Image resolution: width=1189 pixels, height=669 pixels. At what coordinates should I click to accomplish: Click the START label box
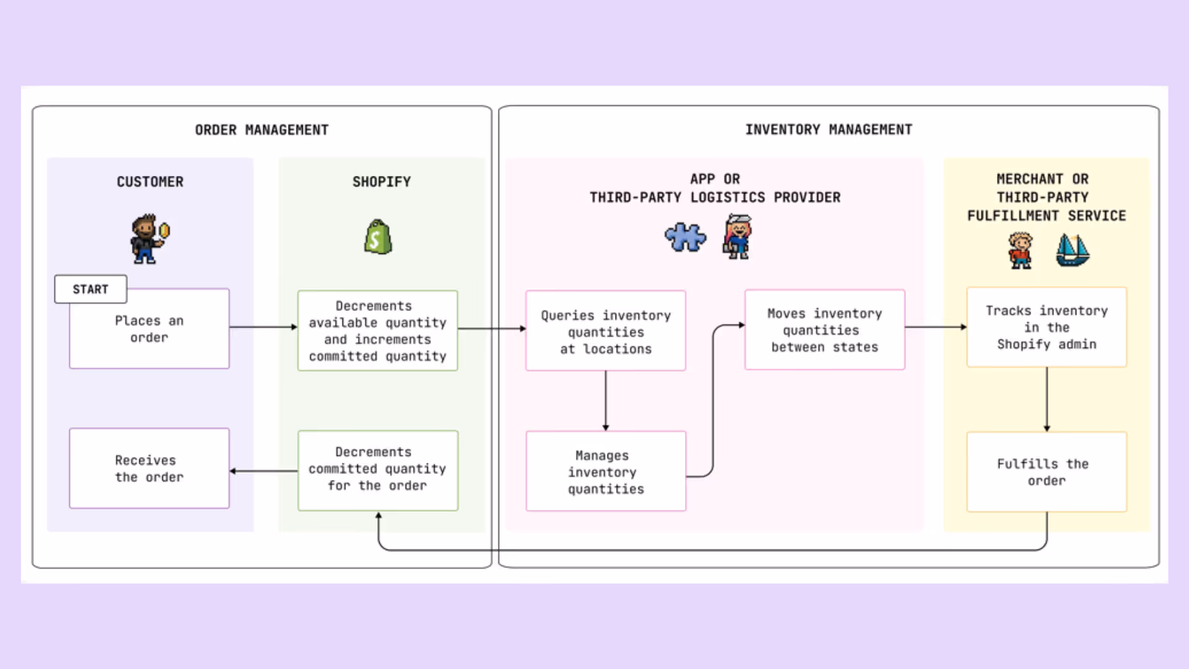click(x=90, y=289)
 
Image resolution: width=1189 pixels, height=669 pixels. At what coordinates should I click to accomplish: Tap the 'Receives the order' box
click(x=149, y=469)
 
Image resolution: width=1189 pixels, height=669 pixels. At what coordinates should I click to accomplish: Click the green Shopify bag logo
click(x=378, y=237)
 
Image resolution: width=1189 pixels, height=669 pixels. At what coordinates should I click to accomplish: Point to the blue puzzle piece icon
click(x=685, y=237)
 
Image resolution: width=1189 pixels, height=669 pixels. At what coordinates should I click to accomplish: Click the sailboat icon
click(x=1072, y=250)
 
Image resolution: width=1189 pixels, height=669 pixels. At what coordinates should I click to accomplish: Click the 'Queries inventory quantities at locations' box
click(x=606, y=331)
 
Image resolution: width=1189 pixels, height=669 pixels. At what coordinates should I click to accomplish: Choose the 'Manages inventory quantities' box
click(x=606, y=471)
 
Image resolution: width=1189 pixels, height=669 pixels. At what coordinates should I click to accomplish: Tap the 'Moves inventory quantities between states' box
click(x=824, y=330)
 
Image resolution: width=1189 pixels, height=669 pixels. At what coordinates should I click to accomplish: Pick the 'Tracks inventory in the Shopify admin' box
click(x=1047, y=327)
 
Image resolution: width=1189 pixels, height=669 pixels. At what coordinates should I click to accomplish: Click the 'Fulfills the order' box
click(x=1047, y=472)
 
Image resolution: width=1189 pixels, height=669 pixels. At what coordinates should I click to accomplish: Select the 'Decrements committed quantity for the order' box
click(x=378, y=470)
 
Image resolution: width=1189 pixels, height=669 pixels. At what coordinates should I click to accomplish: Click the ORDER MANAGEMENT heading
click(x=262, y=130)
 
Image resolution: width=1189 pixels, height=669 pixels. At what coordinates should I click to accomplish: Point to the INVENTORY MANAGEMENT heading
click(x=829, y=129)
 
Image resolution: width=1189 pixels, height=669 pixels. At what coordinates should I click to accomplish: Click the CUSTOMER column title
click(x=150, y=181)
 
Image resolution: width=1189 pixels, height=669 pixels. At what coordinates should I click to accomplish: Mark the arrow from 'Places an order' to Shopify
click(x=263, y=327)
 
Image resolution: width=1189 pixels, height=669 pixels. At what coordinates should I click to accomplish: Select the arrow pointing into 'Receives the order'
click(x=263, y=471)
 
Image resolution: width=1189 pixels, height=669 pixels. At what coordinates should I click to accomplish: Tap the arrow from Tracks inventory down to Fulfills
click(x=1047, y=400)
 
